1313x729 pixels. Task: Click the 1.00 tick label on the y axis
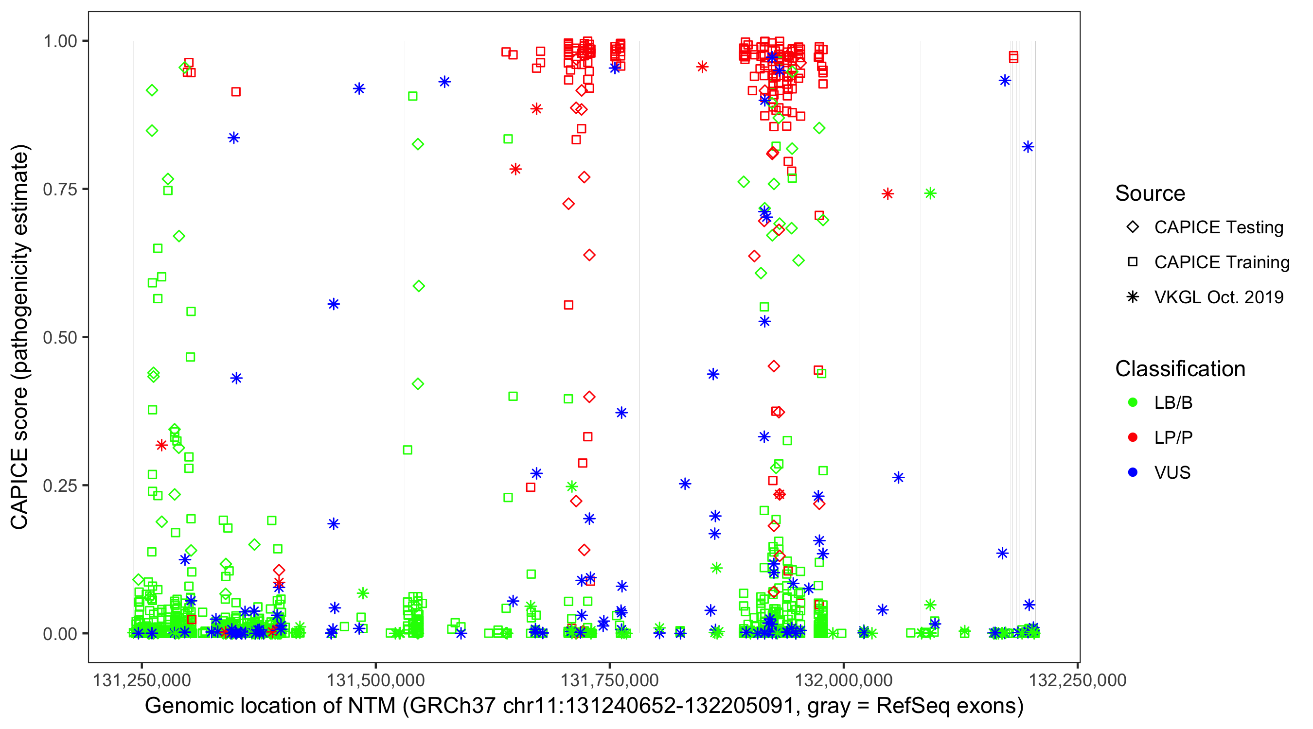(x=59, y=41)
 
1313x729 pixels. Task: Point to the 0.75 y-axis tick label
(x=59, y=189)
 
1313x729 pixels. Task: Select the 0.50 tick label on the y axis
(x=59, y=337)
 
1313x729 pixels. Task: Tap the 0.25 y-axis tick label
(x=59, y=486)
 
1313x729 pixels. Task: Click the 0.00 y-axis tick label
(x=59, y=634)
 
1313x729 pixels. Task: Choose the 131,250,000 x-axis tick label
(x=141, y=680)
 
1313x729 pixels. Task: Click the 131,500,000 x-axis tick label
(x=375, y=680)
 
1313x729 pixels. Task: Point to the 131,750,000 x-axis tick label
(x=610, y=680)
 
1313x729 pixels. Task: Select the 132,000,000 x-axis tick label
(x=844, y=680)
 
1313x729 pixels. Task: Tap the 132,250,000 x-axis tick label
(x=1078, y=680)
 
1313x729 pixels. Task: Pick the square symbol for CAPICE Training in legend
(x=1133, y=262)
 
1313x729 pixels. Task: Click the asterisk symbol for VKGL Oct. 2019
(x=1133, y=297)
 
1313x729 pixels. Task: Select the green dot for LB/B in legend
(x=1133, y=402)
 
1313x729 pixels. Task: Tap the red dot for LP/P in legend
(x=1133, y=437)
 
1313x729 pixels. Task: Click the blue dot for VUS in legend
(x=1133, y=472)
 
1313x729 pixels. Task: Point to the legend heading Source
(x=1150, y=193)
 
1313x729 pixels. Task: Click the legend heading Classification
(x=1180, y=369)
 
